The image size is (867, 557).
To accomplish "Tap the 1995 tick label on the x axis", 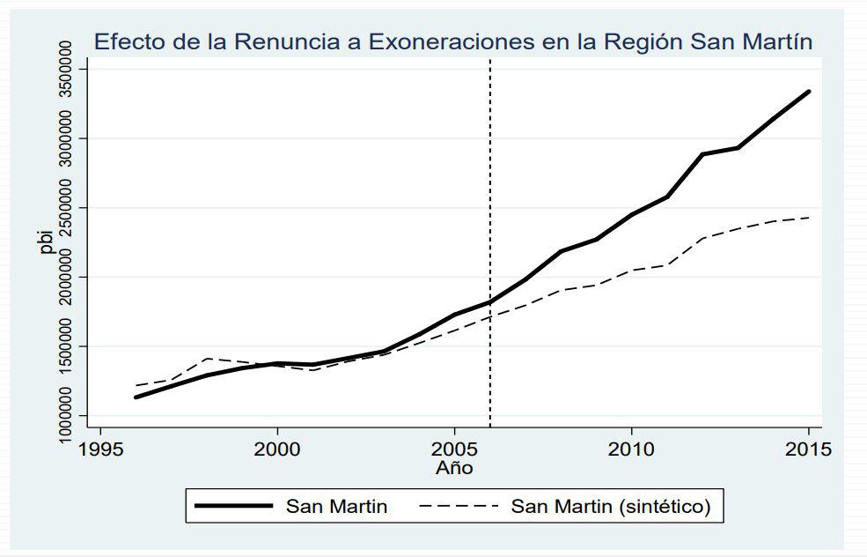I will (100, 449).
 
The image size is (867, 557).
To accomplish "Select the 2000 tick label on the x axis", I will (277, 449).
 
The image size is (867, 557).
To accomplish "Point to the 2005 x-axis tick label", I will (454, 449).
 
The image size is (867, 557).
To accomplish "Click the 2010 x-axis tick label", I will (631, 449).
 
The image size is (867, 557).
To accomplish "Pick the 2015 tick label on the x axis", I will (808, 449).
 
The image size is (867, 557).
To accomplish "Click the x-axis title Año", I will (454, 468).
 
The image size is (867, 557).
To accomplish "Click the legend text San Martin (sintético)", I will (611, 507).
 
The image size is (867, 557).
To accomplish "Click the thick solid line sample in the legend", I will (233, 507).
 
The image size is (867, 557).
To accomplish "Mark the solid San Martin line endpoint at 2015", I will (809, 91).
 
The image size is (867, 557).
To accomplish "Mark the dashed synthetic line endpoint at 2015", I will (809, 217).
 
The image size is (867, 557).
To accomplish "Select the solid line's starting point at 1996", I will (136, 397).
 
